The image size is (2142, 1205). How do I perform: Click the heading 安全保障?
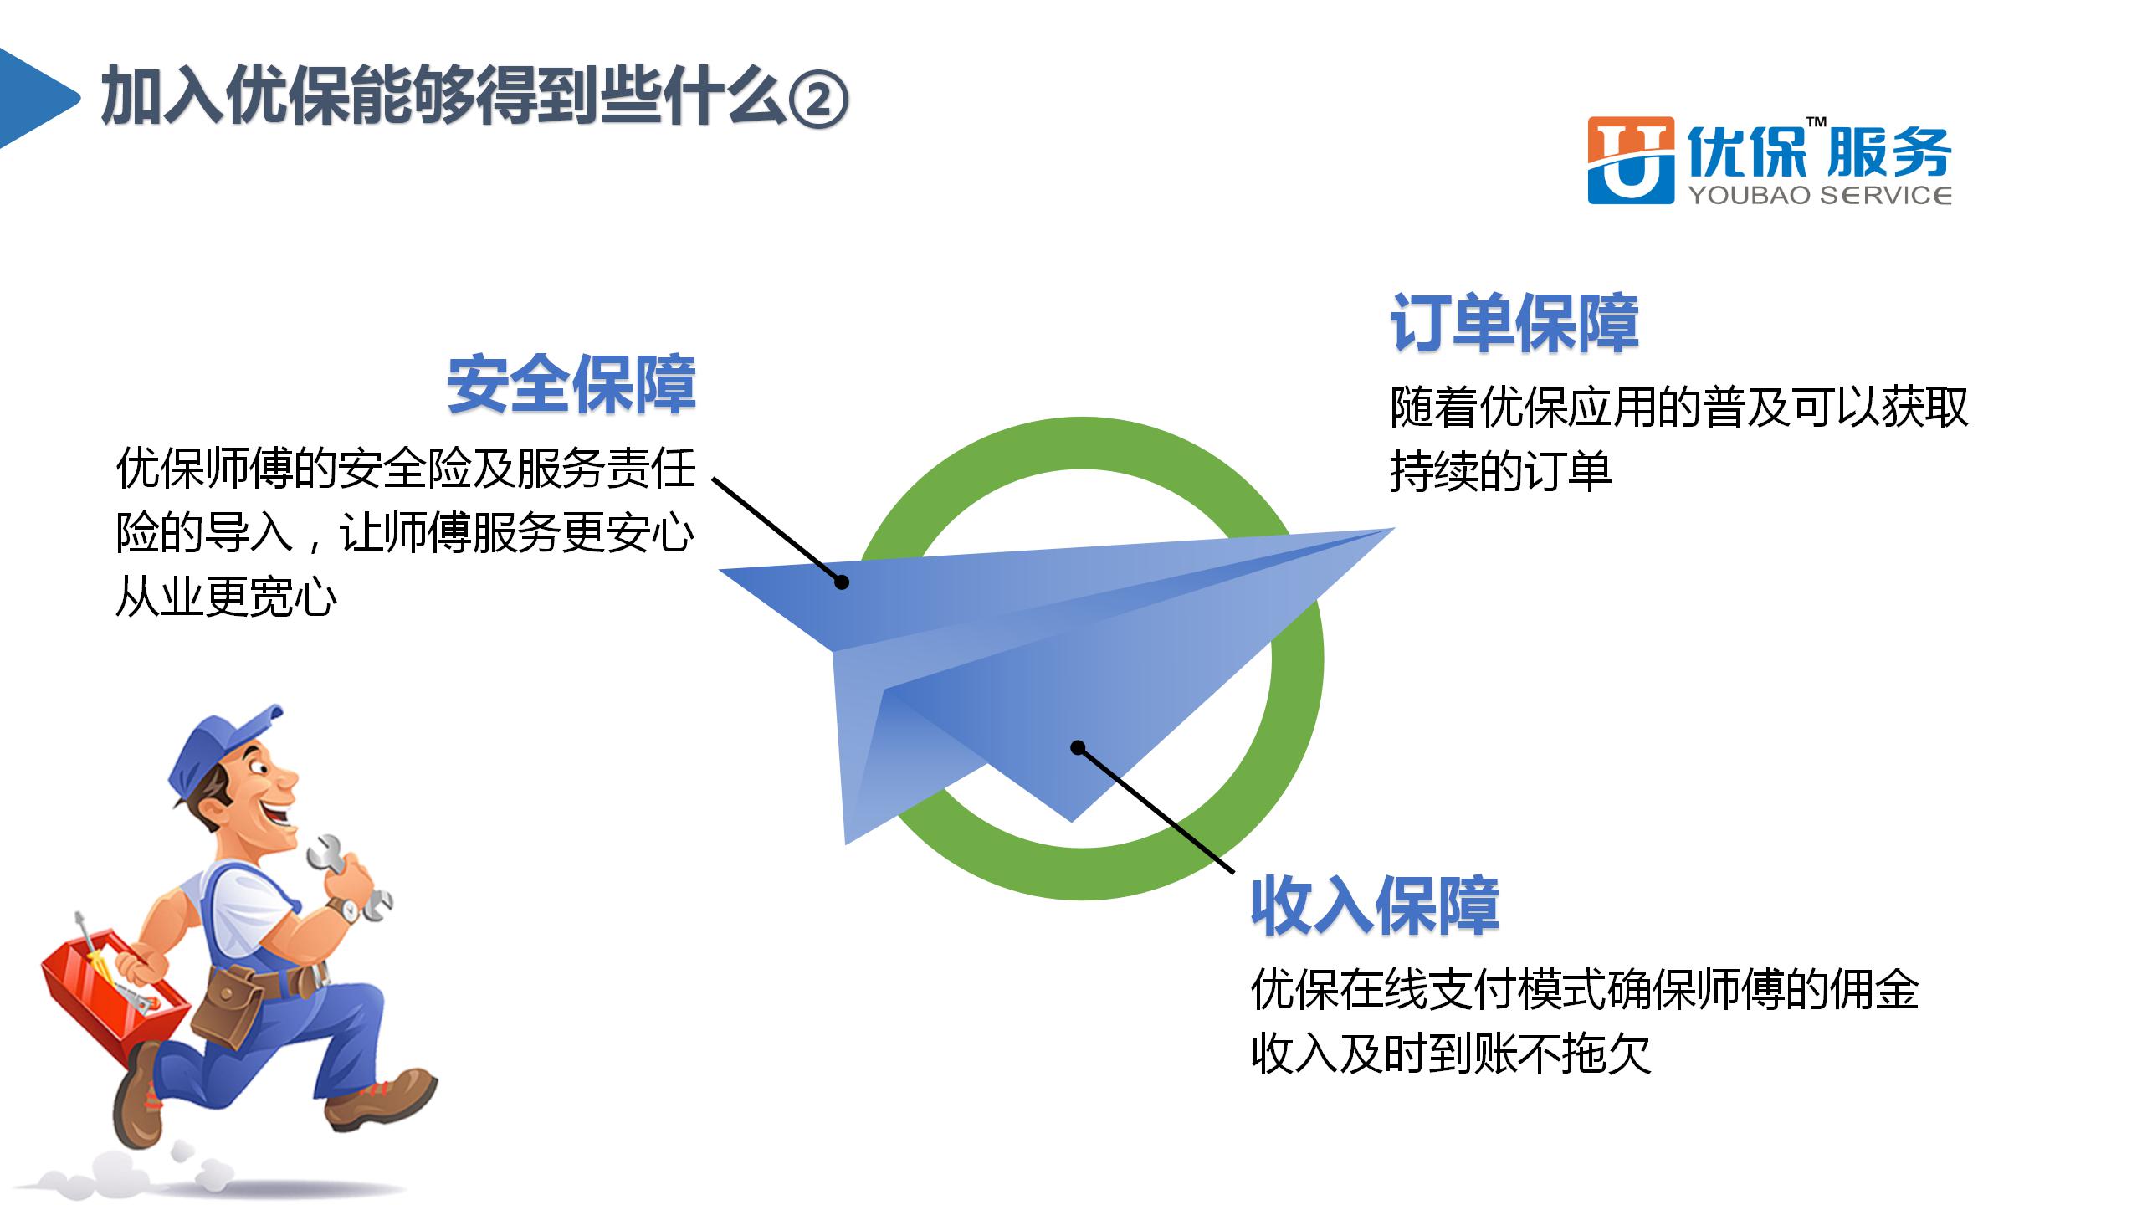pyautogui.click(x=571, y=385)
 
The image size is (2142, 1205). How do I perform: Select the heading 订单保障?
pyautogui.click(x=1514, y=323)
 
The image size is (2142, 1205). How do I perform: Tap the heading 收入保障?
pyautogui.click(x=1375, y=905)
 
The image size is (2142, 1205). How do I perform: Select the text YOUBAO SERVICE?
pyautogui.click(x=1820, y=196)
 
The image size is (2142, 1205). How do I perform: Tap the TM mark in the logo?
pyautogui.click(x=1816, y=123)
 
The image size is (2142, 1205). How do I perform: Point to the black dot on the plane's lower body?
pyautogui.click(x=1079, y=747)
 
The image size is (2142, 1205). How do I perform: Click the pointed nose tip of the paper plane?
pyautogui.click(x=1393, y=528)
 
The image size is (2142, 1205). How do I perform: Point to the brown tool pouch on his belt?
pyautogui.click(x=228, y=1008)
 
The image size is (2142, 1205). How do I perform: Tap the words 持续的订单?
pyautogui.click(x=1500, y=471)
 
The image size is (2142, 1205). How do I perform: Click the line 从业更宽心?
pyautogui.click(x=226, y=597)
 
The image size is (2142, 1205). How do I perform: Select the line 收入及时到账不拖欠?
pyautogui.click(x=1451, y=1054)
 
